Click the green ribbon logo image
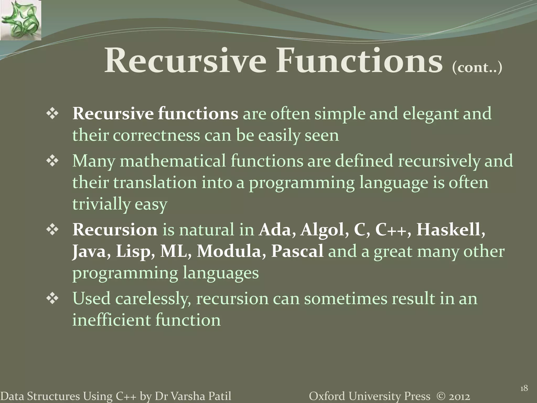tap(20, 20)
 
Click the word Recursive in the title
tap(185, 61)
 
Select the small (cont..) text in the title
tap(477, 67)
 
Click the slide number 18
tap(524, 388)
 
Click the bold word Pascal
tap(297, 251)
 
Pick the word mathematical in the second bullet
tap(173, 161)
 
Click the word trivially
tap(101, 204)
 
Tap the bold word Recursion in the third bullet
tap(115, 230)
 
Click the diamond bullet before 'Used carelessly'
tap(52, 299)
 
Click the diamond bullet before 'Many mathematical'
tap(52, 161)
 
